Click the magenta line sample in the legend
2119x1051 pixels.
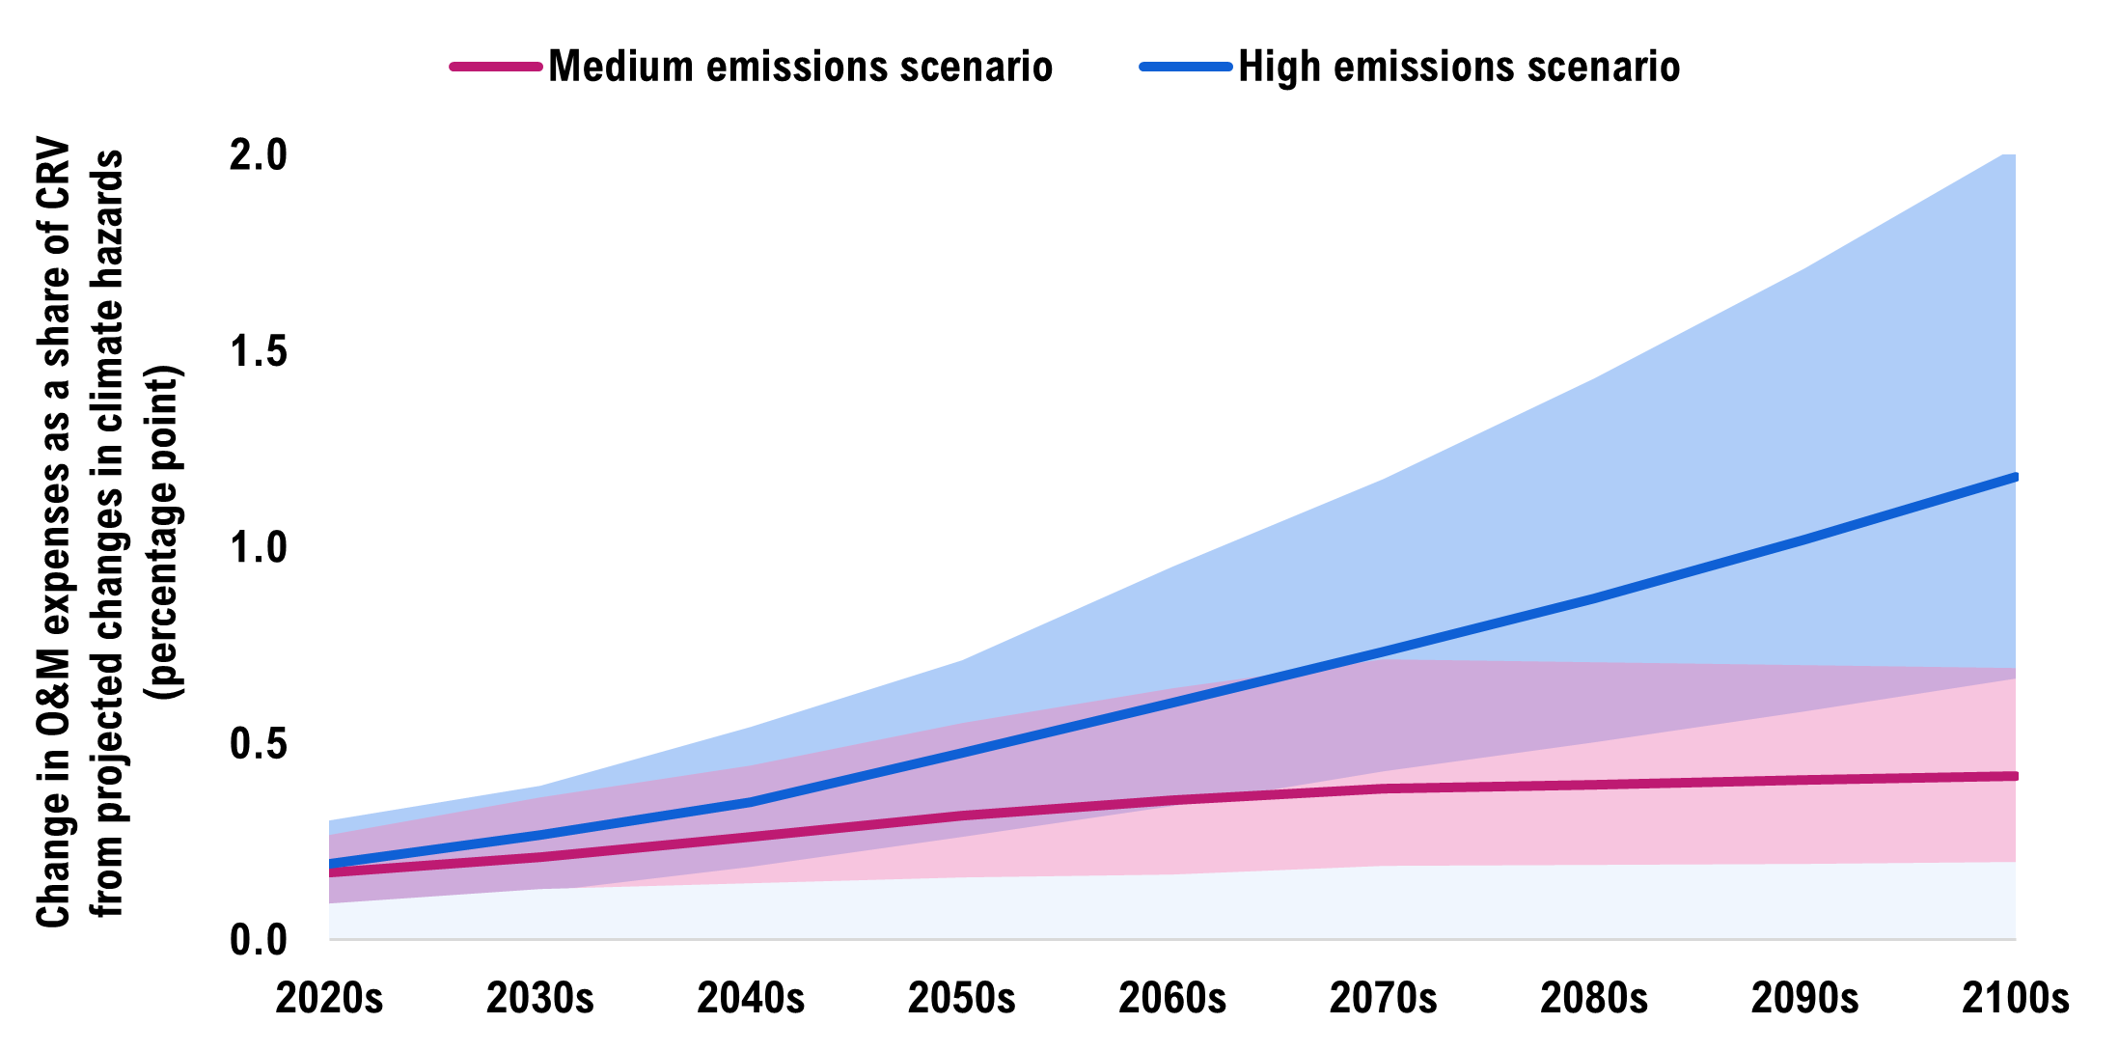tap(496, 67)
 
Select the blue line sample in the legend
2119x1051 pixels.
tap(1185, 67)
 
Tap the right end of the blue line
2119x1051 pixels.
tap(2013, 478)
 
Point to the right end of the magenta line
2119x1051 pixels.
tap(2013, 776)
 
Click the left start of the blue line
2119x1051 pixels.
tap(332, 863)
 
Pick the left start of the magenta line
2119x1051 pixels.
tap(332, 872)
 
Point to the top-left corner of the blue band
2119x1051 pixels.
tap(331, 821)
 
